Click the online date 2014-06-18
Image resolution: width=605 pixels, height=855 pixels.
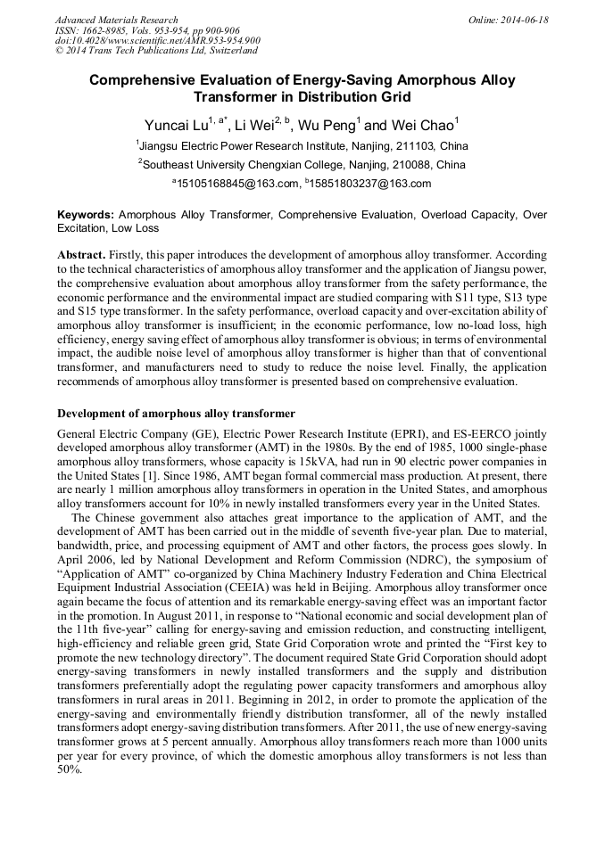tap(518, 20)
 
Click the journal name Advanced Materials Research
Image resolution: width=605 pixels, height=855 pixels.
tap(116, 20)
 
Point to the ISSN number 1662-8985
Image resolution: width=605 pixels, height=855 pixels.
tap(99, 30)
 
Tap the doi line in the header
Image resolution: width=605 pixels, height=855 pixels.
tap(157, 41)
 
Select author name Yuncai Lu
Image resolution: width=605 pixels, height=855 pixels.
tap(175, 126)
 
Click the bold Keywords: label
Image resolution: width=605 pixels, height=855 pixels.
tap(86, 215)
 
